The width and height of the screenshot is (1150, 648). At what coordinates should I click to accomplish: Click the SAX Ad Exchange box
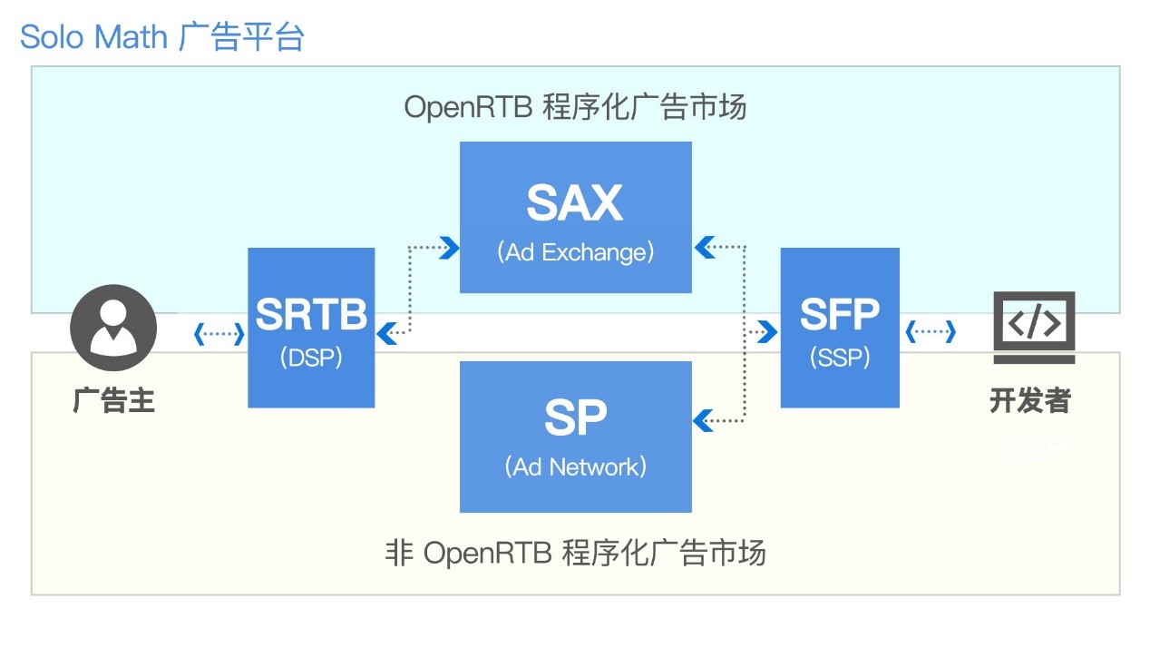click(575, 217)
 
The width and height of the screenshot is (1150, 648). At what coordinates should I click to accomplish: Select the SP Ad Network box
click(575, 437)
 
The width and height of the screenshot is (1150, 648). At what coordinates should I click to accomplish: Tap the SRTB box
click(311, 328)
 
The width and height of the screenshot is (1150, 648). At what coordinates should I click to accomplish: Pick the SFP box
click(839, 328)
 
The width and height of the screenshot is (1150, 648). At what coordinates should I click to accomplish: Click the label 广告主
click(113, 400)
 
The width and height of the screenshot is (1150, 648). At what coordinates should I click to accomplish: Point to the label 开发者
click(1030, 400)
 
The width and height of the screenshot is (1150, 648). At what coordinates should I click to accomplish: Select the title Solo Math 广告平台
click(162, 37)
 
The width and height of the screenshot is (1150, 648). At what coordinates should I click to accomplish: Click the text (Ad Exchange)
click(575, 252)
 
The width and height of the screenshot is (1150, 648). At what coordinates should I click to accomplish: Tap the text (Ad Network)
click(575, 467)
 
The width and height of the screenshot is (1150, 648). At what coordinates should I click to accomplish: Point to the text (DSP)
click(311, 358)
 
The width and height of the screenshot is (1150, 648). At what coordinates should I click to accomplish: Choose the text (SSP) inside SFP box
click(839, 358)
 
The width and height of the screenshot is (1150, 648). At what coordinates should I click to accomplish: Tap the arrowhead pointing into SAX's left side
click(448, 247)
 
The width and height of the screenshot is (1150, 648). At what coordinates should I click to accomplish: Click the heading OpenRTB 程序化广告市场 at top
click(575, 107)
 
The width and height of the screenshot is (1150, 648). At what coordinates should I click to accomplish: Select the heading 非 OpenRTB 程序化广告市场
click(575, 552)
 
